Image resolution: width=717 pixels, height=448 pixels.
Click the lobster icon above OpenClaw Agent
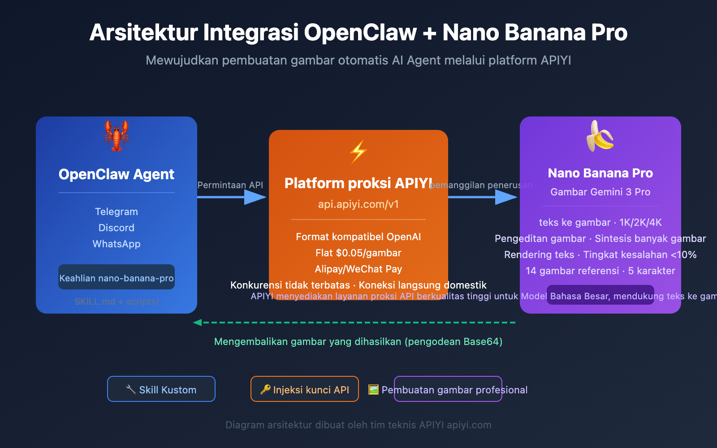click(117, 136)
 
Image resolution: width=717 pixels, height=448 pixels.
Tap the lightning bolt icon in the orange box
click(358, 152)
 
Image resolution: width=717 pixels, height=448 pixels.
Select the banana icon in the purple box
click(600, 136)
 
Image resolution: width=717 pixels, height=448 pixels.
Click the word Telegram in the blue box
click(117, 211)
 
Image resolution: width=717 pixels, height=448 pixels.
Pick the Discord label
click(117, 228)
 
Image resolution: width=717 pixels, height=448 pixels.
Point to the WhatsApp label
click(117, 244)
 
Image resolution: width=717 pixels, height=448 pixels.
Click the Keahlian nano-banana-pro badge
click(117, 278)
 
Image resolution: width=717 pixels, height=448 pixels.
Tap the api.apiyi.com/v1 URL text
click(358, 204)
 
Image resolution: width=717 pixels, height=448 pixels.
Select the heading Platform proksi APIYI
click(358, 183)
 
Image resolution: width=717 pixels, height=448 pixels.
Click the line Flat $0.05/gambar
click(358, 253)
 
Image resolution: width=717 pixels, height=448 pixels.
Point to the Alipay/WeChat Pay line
click(358, 269)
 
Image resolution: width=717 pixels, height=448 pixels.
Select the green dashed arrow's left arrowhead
click(197, 323)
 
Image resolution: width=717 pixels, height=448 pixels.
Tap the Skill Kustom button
click(161, 389)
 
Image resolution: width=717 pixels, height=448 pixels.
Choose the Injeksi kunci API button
click(305, 389)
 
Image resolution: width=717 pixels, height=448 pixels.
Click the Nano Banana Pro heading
click(600, 173)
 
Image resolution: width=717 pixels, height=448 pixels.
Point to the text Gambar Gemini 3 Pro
click(600, 192)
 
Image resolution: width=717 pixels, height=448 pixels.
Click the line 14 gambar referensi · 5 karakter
click(600, 271)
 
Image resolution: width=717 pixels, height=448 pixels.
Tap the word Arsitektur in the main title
click(143, 32)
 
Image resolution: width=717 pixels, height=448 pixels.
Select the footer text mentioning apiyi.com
click(358, 425)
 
